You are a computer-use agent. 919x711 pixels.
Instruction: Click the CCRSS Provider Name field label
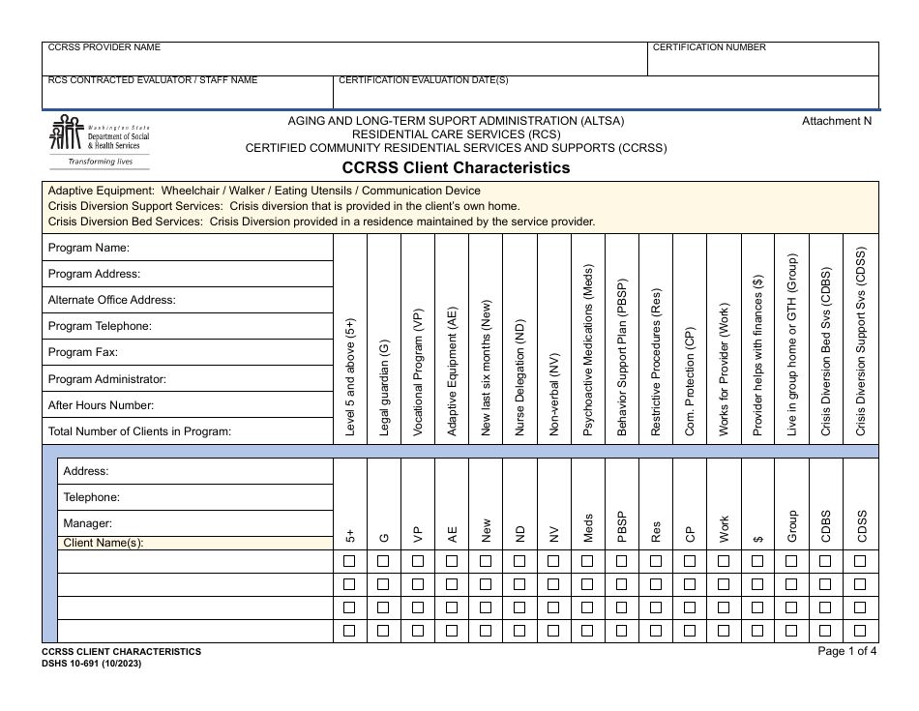click(104, 47)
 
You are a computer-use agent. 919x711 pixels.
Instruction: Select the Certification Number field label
click(709, 47)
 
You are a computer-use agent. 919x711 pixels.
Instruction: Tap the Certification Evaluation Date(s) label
click(424, 80)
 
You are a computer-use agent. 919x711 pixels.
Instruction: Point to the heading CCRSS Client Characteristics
click(456, 167)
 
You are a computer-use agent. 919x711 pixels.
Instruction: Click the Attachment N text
click(837, 121)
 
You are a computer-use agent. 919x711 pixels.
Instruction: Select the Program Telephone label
click(100, 326)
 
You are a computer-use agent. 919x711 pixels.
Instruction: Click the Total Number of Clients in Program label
click(139, 431)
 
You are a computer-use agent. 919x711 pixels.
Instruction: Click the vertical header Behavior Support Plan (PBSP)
click(622, 359)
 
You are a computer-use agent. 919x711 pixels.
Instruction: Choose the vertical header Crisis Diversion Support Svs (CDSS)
click(860, 341)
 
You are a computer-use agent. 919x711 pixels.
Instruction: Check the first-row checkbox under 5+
click(350, 561)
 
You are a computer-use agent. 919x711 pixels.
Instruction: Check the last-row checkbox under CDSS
click(860, 631)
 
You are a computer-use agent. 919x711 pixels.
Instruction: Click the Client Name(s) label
click(103, 543)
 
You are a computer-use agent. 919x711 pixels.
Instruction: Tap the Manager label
click(87, 523)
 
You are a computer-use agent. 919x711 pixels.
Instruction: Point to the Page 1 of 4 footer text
click(847, 651)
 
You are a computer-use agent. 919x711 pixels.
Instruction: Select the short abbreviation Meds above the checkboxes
click(588, 528)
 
